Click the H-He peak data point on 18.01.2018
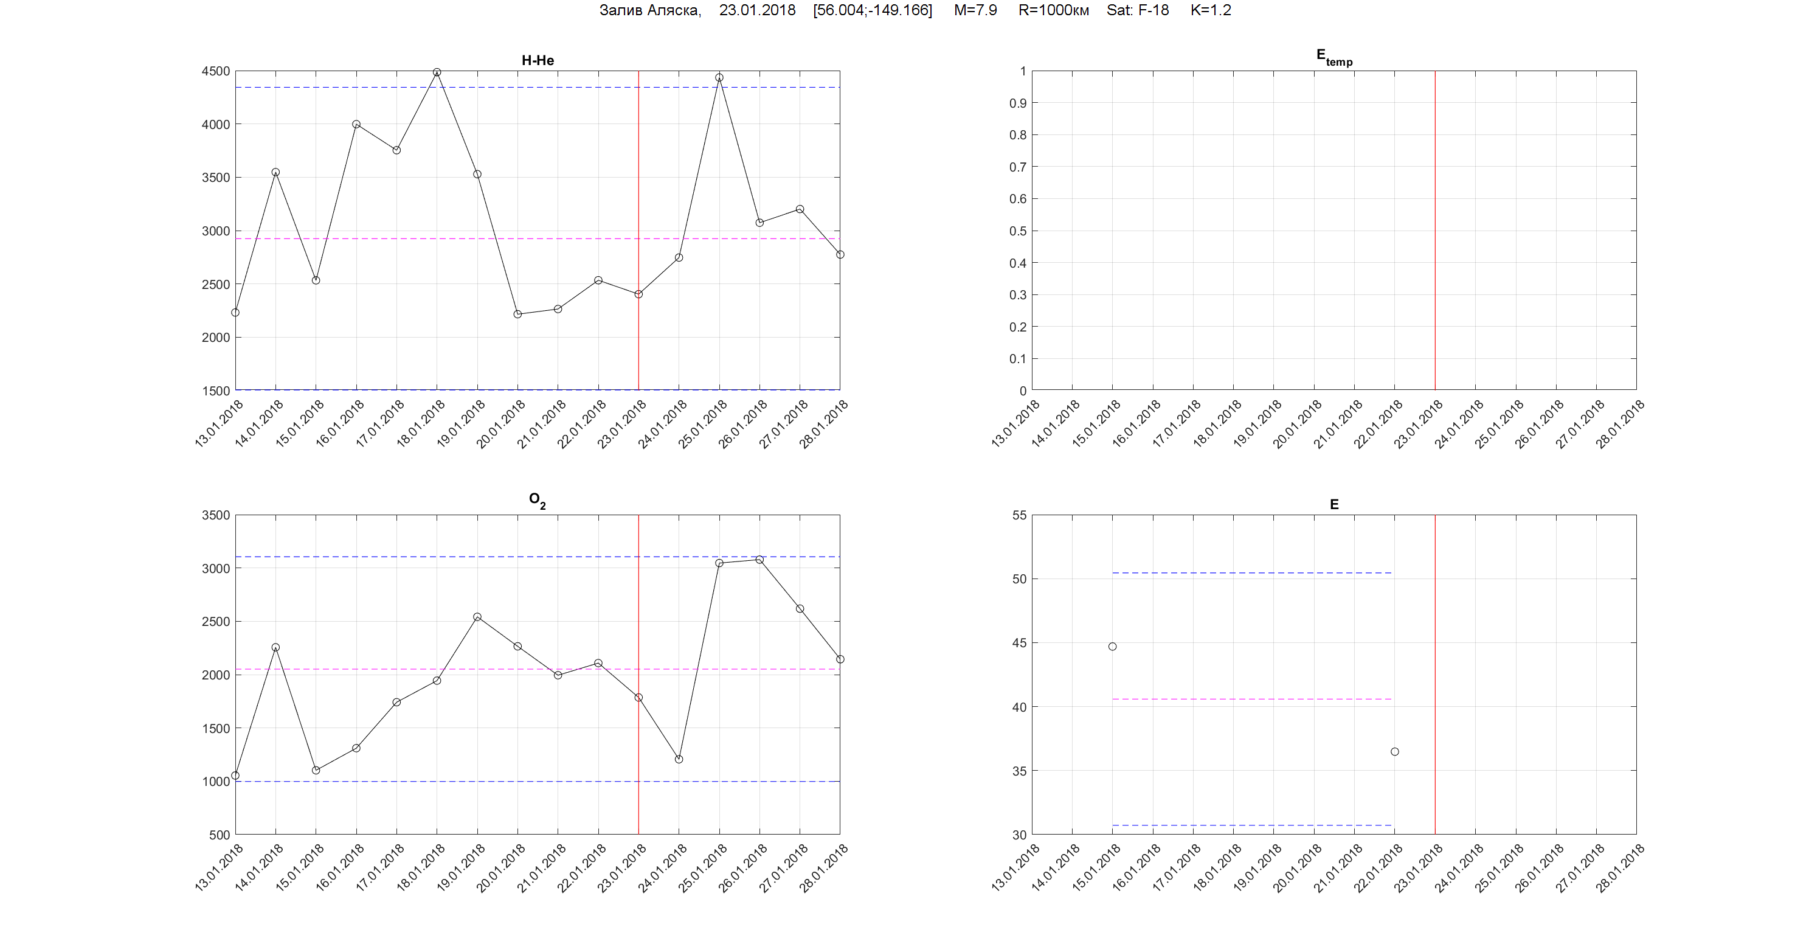[437, 72]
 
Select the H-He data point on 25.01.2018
[719, 78]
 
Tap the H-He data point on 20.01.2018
[517, 314]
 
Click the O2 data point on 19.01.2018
[477, 617]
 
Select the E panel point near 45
[1112, 647]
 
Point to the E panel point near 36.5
[1395, 752]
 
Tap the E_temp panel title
[1333, 58]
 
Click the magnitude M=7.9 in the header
[975, 10]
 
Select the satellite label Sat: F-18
[1137, 10]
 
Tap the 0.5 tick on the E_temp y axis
[1017, 231]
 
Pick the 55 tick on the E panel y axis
[1019, 515]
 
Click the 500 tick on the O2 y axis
[219, 835]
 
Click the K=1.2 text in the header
[1211, 10]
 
